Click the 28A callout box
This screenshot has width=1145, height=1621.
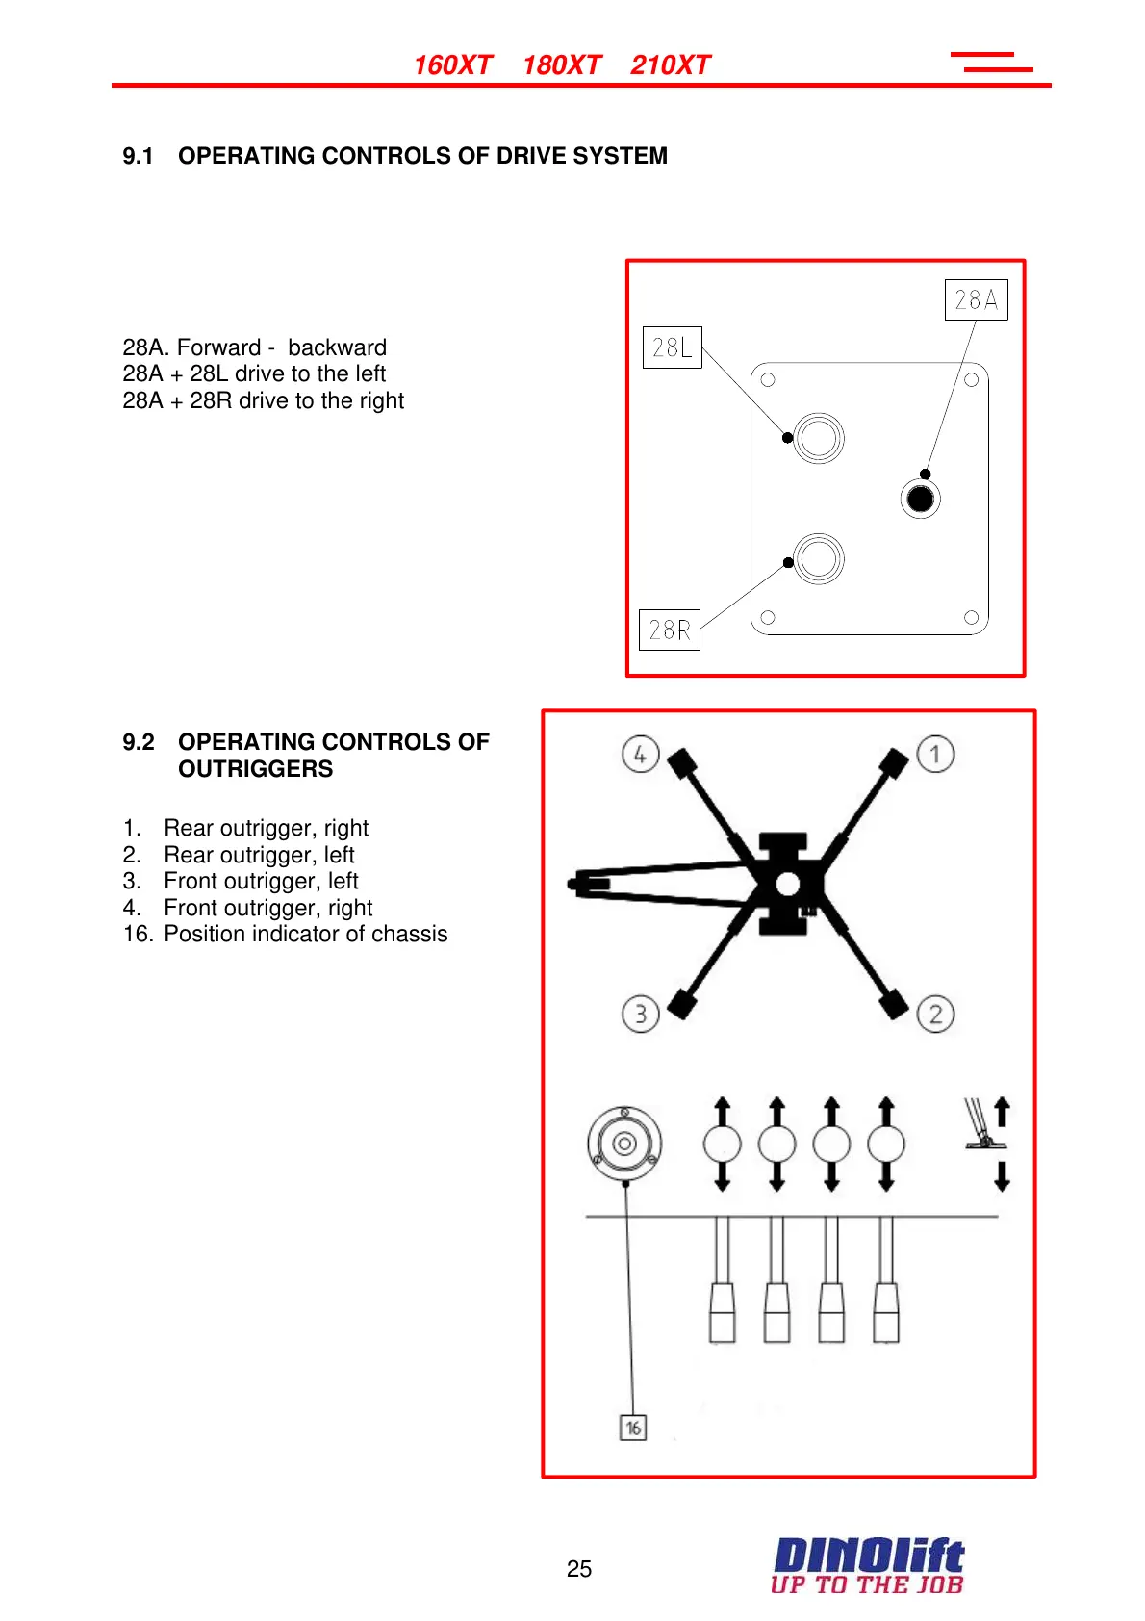pyautogui.click(x=976, y=299)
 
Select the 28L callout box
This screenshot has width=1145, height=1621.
pyautogui.click(x=672, y=347)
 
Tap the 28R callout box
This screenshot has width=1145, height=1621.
pyautogui.click(x=669, y=630)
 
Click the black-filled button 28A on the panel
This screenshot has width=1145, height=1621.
pyautogui.click(x=921, y=499)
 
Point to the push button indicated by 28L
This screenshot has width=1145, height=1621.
pyautogui.click(x=819, y=438)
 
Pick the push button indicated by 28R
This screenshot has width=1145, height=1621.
pyautogui.click(x=819, y=558)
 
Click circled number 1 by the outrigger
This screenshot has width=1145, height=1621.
pyautogui.click(x=935, y=754)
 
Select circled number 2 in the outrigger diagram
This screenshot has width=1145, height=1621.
pyautogui.click(x=935, y=1014)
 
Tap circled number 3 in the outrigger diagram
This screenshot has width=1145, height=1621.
pyautogui.click(x=640, y=1014)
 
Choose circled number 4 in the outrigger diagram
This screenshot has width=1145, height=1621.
pyautogui.click(x=640, y=754)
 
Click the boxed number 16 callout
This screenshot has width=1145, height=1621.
pyautogui.click(x=633, y=1428)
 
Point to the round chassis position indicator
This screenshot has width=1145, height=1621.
pyautogui.click(x=624, y=1144)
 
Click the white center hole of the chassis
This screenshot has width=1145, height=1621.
pyautogui.click(x=787, y=884)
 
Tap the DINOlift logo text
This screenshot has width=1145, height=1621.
pyautogui.click(x=868, y=1556)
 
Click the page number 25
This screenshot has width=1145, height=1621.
pyautogui.click(x=579, y=1569)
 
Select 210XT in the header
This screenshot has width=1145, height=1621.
pyautogui.click(x=670, y=65)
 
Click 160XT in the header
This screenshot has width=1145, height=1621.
pyautogui.click(x=452, y=65)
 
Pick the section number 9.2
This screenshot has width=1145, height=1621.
pyautogui.click(x=139, y=742)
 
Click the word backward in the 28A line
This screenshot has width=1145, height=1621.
pyautogui.click(x=337, y=347)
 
